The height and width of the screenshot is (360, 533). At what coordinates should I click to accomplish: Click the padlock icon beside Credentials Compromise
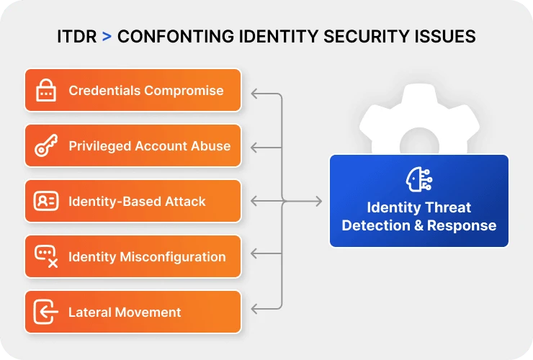coord(46,91)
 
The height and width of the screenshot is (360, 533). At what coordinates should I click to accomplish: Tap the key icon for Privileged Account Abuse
coord(46,146)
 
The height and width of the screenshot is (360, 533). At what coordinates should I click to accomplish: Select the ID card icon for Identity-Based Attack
coord(46,202)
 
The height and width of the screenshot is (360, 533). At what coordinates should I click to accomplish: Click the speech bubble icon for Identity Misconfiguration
coord(46,256)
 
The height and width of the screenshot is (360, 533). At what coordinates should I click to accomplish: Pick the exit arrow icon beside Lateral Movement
coord(46,312)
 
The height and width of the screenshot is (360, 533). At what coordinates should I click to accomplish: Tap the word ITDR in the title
coord(76,36)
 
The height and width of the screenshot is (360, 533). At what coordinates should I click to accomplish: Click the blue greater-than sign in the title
coord(106,36)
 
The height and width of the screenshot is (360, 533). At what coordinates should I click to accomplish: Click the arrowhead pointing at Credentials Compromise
coord(254,93)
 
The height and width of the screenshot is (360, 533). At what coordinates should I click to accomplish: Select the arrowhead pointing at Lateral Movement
coord(254,309)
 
